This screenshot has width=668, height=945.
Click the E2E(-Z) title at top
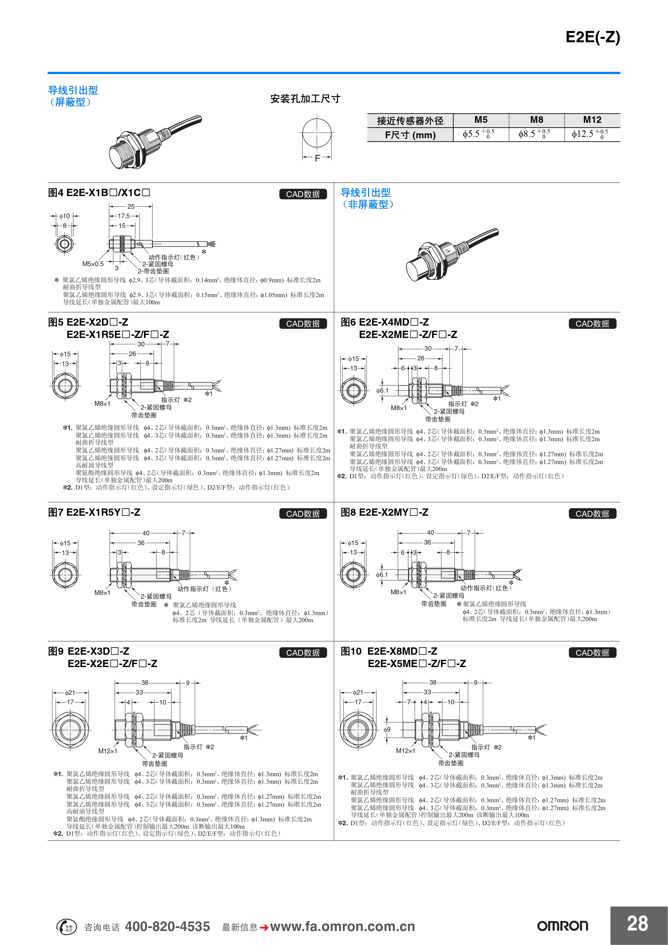click(592, 37)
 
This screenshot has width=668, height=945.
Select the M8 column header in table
click(536, 120)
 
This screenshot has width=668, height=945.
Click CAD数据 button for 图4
click(303, 194)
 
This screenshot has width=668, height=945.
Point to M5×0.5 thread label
click(93, 264)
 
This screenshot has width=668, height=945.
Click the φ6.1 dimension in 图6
click(382, 390)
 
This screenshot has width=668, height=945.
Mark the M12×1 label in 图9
click(108, 751)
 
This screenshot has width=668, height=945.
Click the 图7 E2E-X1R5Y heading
click(94, 512)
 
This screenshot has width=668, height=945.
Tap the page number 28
click(638, 923)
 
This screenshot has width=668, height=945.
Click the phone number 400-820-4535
click(167, 926)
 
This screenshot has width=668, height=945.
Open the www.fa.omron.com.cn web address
click(342, 926)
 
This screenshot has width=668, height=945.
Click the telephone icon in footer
click(66, 926)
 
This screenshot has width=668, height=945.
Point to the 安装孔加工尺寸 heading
click(305, 99)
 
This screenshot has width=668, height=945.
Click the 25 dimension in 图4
click(131, 207)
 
